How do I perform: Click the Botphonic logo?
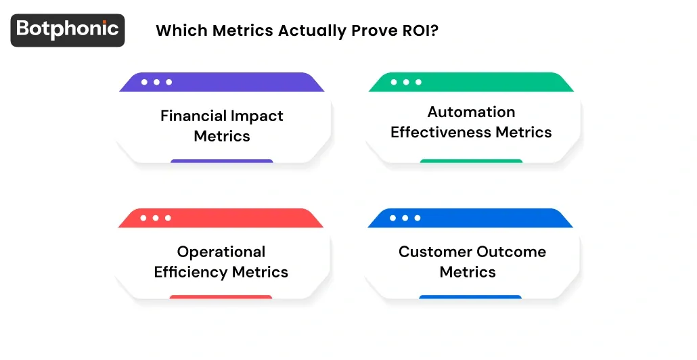click(x=68, y=30)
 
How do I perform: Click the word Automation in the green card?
click(x=471, y=112)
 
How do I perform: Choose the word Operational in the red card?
click(x=221, y=252)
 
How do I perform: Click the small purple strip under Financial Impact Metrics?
click(x=222, y=161)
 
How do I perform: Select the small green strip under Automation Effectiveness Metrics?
click(x=471, y=161)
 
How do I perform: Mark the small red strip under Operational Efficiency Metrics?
click(x=221, y=297)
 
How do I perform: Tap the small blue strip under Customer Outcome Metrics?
click(x=470, y=297)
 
